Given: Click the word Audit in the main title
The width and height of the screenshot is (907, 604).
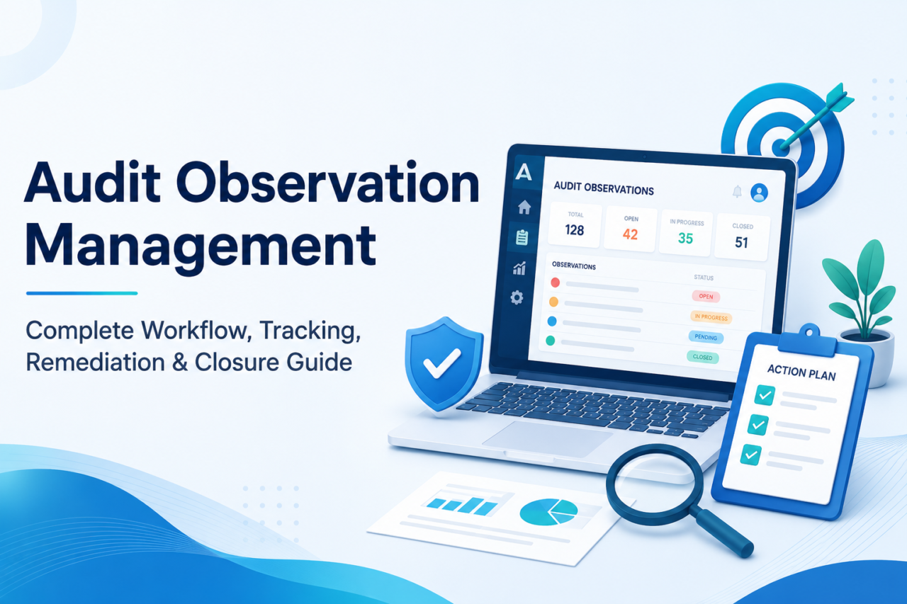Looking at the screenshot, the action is coord(92,182).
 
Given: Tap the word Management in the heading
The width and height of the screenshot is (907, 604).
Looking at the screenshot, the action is coord(201,247).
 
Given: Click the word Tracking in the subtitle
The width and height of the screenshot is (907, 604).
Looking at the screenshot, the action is coord(310,331).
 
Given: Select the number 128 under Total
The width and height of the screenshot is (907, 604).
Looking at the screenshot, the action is coord(575,230).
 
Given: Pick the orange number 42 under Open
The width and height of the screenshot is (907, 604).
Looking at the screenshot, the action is coord(631,234).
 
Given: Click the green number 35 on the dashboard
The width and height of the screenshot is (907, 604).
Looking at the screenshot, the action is coord(685,239).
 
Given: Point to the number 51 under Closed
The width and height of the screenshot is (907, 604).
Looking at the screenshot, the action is coord(741,242).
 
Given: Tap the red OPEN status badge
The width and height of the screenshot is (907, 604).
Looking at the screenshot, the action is coord(706,297).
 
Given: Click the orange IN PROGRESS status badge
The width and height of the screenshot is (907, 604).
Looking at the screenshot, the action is coord(711,317).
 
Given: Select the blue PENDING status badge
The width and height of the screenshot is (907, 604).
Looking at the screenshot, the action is coord(706,337).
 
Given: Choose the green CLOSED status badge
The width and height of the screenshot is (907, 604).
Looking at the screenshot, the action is coord(702,357).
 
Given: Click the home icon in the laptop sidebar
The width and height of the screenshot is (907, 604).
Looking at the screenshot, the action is coord(524,207).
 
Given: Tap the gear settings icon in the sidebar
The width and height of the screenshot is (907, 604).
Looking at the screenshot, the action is coord(517,298).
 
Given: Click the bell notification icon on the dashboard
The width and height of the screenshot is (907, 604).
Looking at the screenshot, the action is coord(738,191).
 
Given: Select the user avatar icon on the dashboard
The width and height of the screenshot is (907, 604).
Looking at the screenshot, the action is coord(759,193).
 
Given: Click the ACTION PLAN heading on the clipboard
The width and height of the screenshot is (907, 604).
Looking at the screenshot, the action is coord(801,372).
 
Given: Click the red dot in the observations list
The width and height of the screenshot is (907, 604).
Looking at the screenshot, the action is coord(555,283).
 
